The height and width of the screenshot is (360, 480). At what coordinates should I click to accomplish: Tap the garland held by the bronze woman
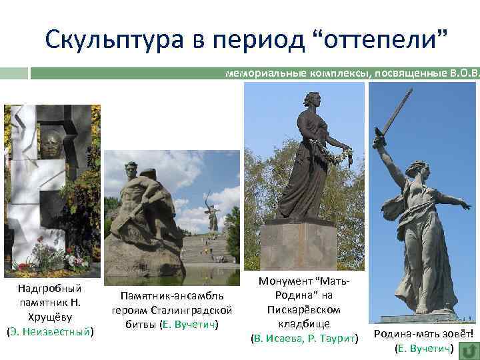coord(340,158)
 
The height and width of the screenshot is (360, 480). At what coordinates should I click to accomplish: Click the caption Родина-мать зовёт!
coord(423,335)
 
